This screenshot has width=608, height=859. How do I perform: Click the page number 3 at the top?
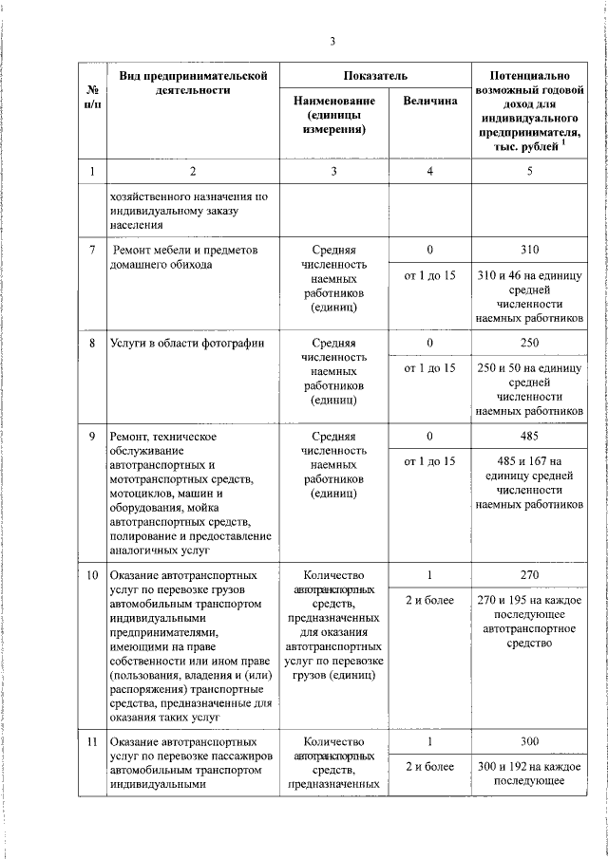332,40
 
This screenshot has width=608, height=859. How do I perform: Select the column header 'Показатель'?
375,74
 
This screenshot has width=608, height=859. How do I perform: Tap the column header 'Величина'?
429,101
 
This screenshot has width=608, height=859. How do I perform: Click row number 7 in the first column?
92,250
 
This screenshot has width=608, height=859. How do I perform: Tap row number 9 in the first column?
92,436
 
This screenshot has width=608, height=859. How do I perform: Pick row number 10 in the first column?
92,575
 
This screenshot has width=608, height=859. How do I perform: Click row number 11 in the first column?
92,741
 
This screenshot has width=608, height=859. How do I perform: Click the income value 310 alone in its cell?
529,250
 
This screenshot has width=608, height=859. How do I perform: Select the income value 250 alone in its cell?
529,343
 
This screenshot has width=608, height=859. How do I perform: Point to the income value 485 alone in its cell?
529,436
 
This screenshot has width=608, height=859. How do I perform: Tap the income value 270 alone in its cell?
529,575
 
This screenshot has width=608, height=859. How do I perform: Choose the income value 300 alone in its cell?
529,741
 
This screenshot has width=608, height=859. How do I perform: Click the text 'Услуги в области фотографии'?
185,343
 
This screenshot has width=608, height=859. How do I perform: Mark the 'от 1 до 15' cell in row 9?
429,461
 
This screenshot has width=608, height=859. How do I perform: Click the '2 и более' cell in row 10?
429,601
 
